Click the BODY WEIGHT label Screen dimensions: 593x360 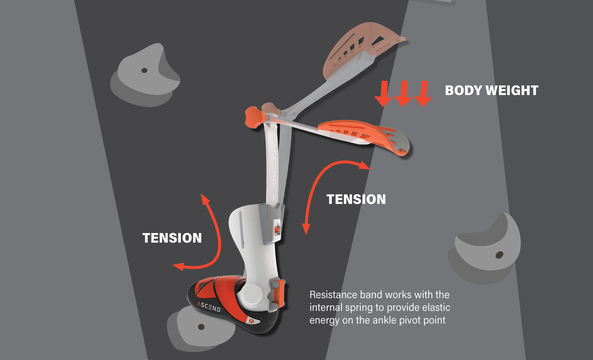point(491,90)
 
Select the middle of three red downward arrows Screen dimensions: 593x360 point(403,93)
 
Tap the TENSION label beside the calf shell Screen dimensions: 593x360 point(172,238)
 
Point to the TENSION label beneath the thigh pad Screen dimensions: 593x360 point(356,199)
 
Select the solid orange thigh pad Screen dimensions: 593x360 point(364,135)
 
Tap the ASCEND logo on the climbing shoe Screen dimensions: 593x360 point(209,306)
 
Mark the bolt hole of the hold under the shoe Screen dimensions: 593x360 point(201,327)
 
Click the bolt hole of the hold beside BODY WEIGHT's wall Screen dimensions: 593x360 point(499,255)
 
